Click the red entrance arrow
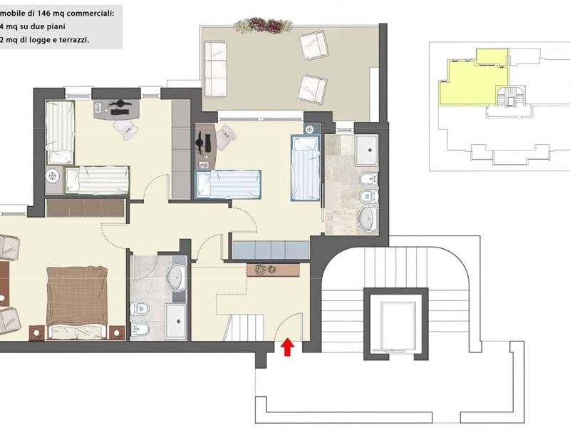[x=287, y=347]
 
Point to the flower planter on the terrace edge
[x=263, y=25]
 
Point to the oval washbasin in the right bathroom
[x=368, y=218]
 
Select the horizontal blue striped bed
[x=229, y=183]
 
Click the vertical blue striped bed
[x=306, y=168]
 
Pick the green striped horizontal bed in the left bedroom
[x=98, y=180]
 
